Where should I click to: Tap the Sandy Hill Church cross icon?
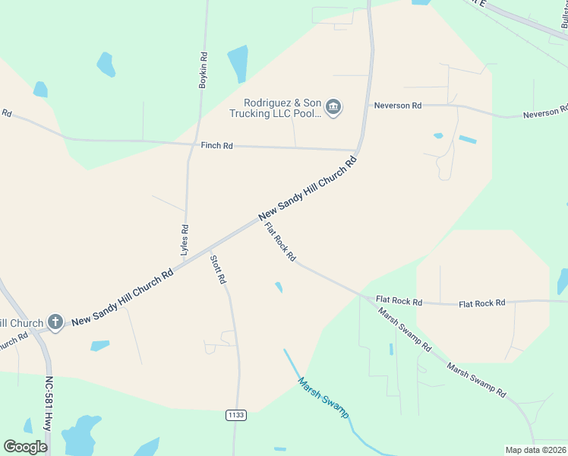click(x=55, y=322)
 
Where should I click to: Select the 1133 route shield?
click(x=235, y=415)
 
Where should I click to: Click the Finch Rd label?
click(x=216, y=145)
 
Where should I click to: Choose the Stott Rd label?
click(x=218, y=270)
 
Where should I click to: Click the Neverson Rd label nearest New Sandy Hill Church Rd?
click(x=397, y=106)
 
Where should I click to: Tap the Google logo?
click(x=25, y=447)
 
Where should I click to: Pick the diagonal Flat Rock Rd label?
click(x=279, y=242)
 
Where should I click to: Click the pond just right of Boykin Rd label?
click(x=238, y=63)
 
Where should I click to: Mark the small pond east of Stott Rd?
click(x=279, y=287)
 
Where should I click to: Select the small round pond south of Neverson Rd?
click(x=438, y=136)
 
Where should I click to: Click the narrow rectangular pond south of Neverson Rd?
click(x=468, y=140)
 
